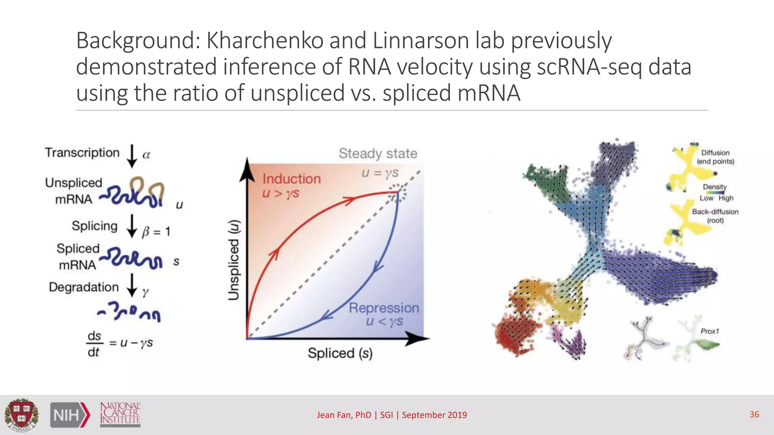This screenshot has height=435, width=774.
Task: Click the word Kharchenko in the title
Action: (x=265, y=40)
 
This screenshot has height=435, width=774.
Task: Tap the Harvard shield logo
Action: (x=22, y=415)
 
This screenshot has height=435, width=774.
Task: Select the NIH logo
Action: (x=70, y=415)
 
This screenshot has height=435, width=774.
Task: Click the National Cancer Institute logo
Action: (x=120, y=414)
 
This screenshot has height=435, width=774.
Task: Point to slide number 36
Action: (x=754, y=414)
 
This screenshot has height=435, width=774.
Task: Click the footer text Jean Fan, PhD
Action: (x=344, y=415)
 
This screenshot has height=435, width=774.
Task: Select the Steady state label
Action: (x=378, y=153)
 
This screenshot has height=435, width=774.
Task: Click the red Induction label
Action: (x=291, y=179)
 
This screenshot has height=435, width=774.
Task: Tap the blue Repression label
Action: (x=384, y=308)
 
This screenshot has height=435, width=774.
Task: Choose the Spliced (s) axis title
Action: (x=340, y=353)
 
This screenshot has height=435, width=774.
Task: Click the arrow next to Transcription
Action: (x=132, y=156)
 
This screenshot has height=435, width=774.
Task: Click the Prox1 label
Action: (x=709, y=331)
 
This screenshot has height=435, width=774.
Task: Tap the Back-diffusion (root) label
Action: (x=715, y=216)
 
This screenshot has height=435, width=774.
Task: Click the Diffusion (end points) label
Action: (x=715, y=157)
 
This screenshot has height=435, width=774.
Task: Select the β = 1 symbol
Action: (x=156, y=231)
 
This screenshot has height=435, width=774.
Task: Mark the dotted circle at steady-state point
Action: (x=398, y=192)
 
